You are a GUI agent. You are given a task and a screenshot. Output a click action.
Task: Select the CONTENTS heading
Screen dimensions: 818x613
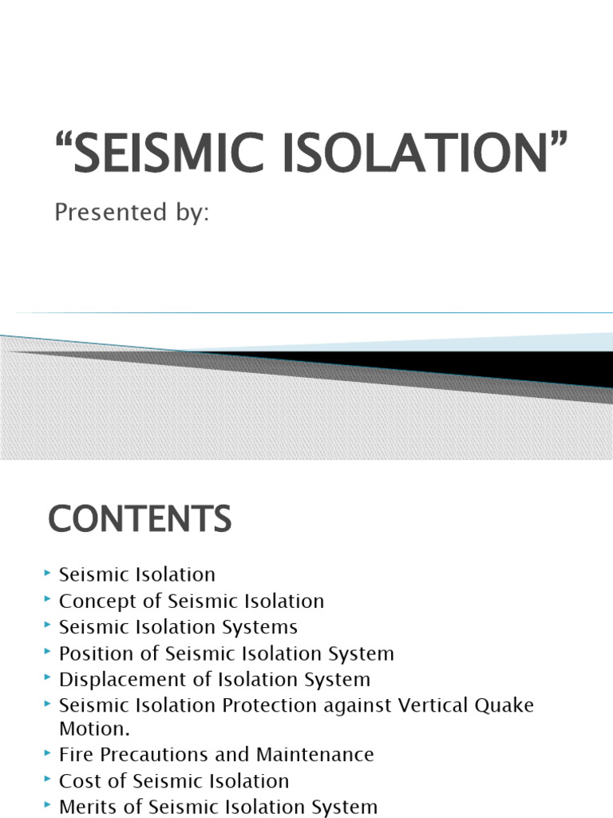[140, 520]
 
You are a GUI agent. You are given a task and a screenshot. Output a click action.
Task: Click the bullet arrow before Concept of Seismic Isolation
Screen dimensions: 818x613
[49, 598]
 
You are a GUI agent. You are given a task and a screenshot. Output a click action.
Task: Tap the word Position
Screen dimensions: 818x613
[92, 653]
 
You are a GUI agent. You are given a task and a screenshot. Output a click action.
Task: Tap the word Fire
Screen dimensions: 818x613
[74, 754]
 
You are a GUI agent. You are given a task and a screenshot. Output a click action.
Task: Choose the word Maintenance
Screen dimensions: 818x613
[314, 754]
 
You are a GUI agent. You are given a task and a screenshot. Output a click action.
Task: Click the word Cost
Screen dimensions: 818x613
[77, 780]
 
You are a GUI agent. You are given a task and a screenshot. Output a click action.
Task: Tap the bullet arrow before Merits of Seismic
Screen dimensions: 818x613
[49, 804]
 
